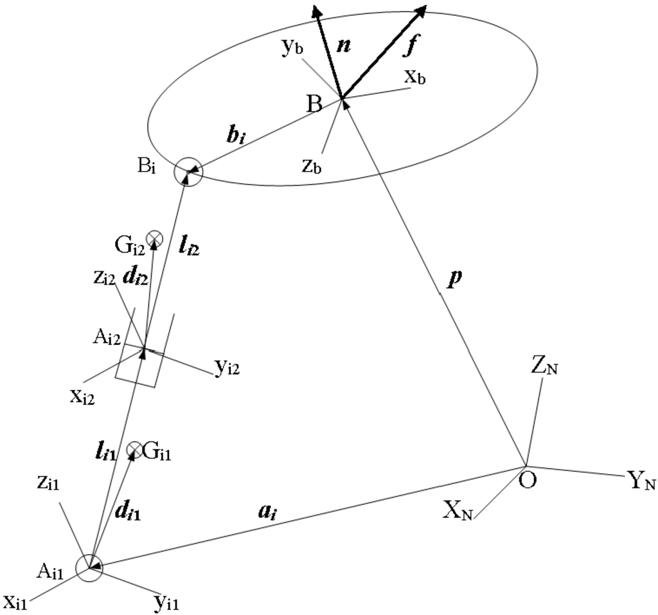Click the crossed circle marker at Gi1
134,450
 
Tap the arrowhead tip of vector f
426,6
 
